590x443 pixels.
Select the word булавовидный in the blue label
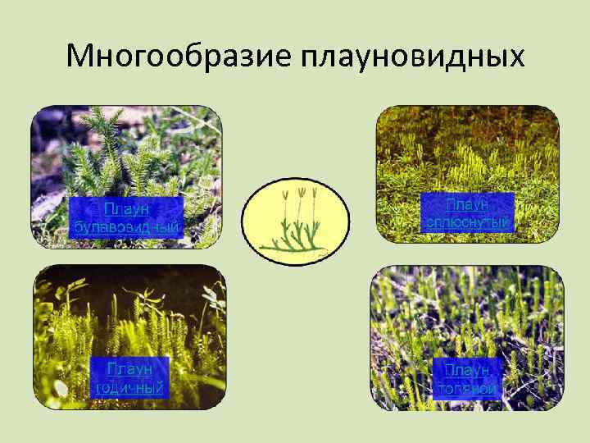(x=126, y=226)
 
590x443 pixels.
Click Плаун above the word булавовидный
(x=126, y=206)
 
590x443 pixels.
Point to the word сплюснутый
(x=467, y=221)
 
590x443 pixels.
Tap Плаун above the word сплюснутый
(x=468, y=202)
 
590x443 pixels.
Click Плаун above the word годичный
(x=129, y=368)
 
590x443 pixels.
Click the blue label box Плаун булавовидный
(x=126, y=216)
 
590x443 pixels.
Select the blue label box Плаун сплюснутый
(x=467, y=212)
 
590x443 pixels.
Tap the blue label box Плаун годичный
(x=129, y=377)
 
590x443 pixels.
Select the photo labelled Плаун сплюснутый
(x=467, y=148)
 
